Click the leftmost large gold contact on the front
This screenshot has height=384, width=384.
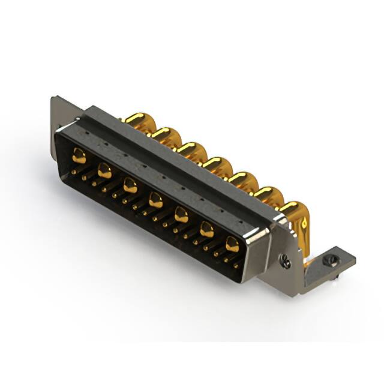[79, 157]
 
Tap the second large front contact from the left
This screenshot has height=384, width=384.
[104, 171]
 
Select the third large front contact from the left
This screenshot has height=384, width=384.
[130, 185]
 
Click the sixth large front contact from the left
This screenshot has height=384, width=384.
[206, 229]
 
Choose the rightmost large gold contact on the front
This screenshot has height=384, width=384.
[232, 243]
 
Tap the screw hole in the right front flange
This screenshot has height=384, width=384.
[286, 262]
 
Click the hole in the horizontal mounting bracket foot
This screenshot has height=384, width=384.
[329, 260]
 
